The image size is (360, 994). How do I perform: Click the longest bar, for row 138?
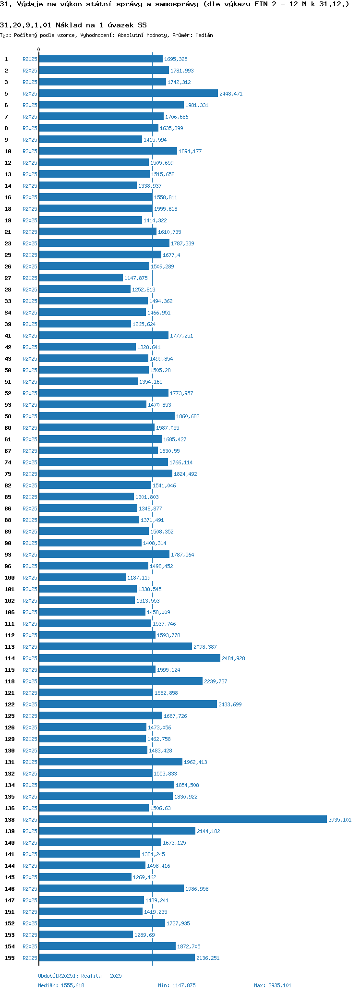(x=182, y=820)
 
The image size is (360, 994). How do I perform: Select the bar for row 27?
(x=81, y=278)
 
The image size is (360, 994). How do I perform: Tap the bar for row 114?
(x=130, y=658)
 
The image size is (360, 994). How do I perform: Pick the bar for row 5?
(x=128, y=94)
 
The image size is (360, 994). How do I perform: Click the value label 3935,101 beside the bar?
(x=340, y=820)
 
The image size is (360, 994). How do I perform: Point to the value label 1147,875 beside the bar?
(x=136, y=278)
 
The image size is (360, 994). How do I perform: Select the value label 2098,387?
(x=205, y=647)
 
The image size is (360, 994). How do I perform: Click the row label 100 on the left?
(x=10, y=578)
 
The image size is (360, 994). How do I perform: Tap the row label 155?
(x=10, y=958)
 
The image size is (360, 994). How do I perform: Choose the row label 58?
(x=8, y=416)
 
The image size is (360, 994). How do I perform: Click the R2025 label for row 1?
(x=30, y=59)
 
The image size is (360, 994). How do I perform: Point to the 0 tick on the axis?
(x=39, y=49)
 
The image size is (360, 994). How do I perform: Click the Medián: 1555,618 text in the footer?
(x=61, y=985)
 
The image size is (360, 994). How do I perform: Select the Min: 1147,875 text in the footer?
(x=177, y=985)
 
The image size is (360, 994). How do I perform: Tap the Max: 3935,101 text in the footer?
(x=273, y=985)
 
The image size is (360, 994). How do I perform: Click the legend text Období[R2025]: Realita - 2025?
(x=80, y=976)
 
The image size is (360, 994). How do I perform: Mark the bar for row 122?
(x=128, y=704)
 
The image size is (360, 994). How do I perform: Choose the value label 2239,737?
(x=216, y=681)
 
